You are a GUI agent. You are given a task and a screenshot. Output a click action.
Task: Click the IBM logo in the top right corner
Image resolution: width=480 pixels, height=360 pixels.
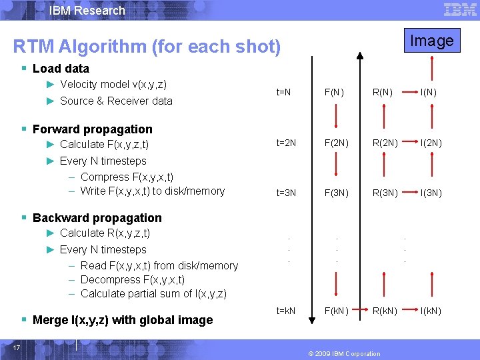pyautogui.click(x=460, y=9)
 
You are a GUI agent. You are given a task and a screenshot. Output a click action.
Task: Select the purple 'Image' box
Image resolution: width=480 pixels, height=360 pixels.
pyautogui.click(x=431, y=41)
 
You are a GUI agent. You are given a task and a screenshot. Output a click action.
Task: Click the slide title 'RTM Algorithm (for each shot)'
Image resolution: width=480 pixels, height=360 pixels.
pyautogui.click(x=147, y=47)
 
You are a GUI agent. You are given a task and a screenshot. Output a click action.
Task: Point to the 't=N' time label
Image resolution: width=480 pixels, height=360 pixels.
pyautogui.click(x=283, y=93)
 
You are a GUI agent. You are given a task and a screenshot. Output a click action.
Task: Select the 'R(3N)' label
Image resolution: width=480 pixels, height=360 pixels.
pyautogui.click(x=385, y=193)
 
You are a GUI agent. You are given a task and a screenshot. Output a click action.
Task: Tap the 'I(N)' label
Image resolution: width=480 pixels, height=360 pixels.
pyautogui.click(x=428, y=93)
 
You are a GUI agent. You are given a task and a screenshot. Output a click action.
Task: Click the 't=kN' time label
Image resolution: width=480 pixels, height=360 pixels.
pyautogui.click(x=285, y=311)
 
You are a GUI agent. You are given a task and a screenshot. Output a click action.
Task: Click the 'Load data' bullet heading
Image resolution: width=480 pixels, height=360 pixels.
pyautogui.click(x=61, y=69)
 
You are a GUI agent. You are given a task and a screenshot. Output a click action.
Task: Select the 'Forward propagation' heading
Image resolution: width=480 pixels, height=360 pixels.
pyautogui.click(x=93, y=129)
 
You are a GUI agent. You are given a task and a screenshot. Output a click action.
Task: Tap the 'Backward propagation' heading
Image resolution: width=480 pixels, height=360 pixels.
pyautogui.click(x=97, y=218)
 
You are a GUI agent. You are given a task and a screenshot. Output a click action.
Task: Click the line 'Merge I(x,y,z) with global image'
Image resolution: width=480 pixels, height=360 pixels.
pyautogui.click(x=123, y=320)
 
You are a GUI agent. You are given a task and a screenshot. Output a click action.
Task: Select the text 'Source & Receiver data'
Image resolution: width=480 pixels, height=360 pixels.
pyautogui.click(x=116, y=101)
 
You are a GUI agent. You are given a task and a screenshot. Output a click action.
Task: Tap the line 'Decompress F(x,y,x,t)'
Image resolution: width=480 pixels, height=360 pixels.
pyautogui.click(x=133, y=279)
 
